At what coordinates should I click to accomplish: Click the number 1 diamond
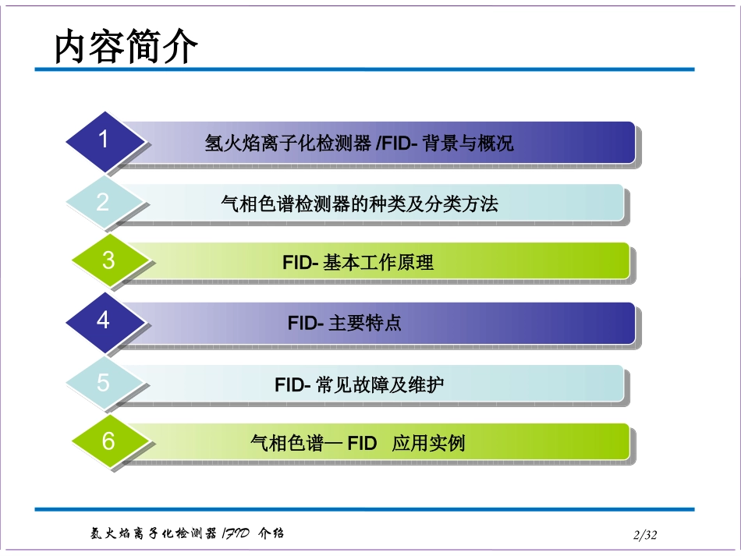coord(104,140)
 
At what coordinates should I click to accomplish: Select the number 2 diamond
coord(104,203)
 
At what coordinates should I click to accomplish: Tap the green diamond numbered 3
coord(108,260)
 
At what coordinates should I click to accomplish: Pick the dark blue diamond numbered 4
coord(104,320)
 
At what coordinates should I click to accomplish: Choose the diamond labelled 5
coord(104,383)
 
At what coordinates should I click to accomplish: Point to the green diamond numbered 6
coord(108,441)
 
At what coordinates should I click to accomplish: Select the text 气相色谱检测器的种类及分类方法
coord(360,204)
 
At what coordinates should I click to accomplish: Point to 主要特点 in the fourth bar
coord(365,323)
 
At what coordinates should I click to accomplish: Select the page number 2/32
coord(646,535)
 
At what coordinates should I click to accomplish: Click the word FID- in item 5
coord(293,384)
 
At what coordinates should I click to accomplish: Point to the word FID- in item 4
coord(305,323)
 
